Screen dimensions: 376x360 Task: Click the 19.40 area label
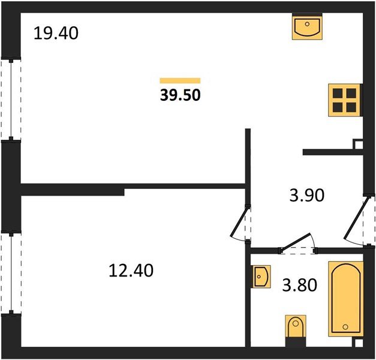click(x=56, y=33)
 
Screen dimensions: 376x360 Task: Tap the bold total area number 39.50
click(x=180, y=95)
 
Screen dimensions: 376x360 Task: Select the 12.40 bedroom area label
click(x=131, y=271)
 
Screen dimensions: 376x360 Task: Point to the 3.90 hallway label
click(x=307, y=195)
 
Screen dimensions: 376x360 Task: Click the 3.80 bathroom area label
click(x=300, y=285)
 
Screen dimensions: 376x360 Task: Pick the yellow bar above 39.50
click(x=180, y=80)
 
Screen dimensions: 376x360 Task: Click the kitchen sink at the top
click(x=307, y=26)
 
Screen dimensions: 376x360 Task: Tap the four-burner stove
click(x=344, y=100)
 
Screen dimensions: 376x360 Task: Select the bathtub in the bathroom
click(x=345, y=299)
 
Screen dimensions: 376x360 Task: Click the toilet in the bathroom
click(x=296, y=328)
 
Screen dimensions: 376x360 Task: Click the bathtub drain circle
click(x=345, y=327)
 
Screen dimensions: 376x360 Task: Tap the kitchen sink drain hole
click(x=307, y=24)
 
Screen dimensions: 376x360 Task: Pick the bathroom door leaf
click(x=296, y=243)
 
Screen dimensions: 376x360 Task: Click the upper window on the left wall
click(x=11, y=100)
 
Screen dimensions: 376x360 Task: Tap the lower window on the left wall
click(x=11, y=273)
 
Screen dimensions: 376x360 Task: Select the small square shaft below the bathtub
click(x=358, y=342)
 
